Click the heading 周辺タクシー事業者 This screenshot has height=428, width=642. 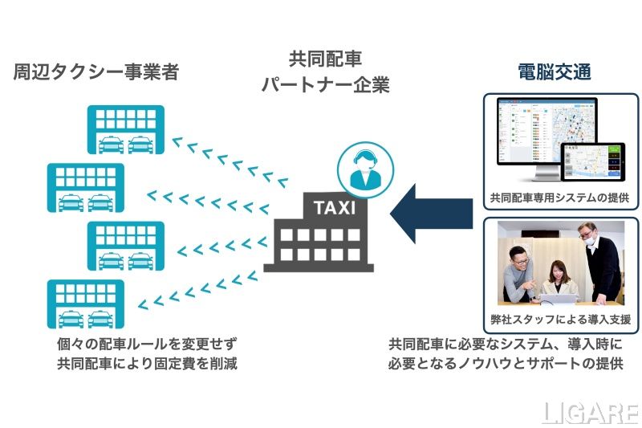[x=95, y=72]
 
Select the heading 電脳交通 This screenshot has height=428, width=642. [x=555, y=72]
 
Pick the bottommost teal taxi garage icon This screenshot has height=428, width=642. [x=86, y=304]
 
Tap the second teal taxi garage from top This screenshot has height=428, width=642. [x=86, y=187]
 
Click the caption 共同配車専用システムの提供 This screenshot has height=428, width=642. [x=559, y=197]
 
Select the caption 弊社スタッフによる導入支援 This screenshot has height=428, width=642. [x=559, y=319]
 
